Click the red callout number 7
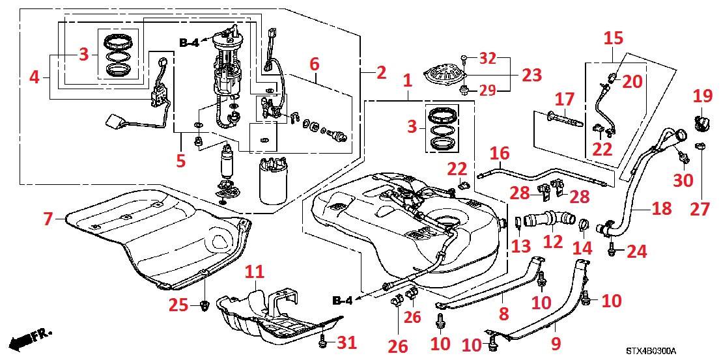(x=48, y=219)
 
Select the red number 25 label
(x=178, y=304)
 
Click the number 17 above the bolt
(x=564, y=101)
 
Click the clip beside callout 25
(x=204, y=304)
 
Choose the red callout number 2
(x=381, y=72)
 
